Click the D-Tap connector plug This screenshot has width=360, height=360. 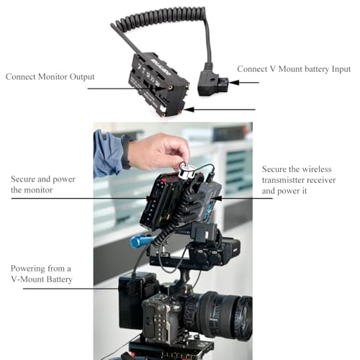(212, 81)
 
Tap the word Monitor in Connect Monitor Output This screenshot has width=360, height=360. (53, 77)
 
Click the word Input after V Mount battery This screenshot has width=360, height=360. (341, 69)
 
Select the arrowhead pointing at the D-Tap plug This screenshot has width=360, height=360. (234, 83)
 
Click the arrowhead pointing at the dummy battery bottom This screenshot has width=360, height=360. (189, 109)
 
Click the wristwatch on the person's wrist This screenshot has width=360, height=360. (127, 152)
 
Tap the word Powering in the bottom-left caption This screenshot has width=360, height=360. (28, 269)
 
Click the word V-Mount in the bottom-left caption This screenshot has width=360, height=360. (27, 279)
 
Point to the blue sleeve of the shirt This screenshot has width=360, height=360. (107, 153)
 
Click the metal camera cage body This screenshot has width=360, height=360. (161, 317)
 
